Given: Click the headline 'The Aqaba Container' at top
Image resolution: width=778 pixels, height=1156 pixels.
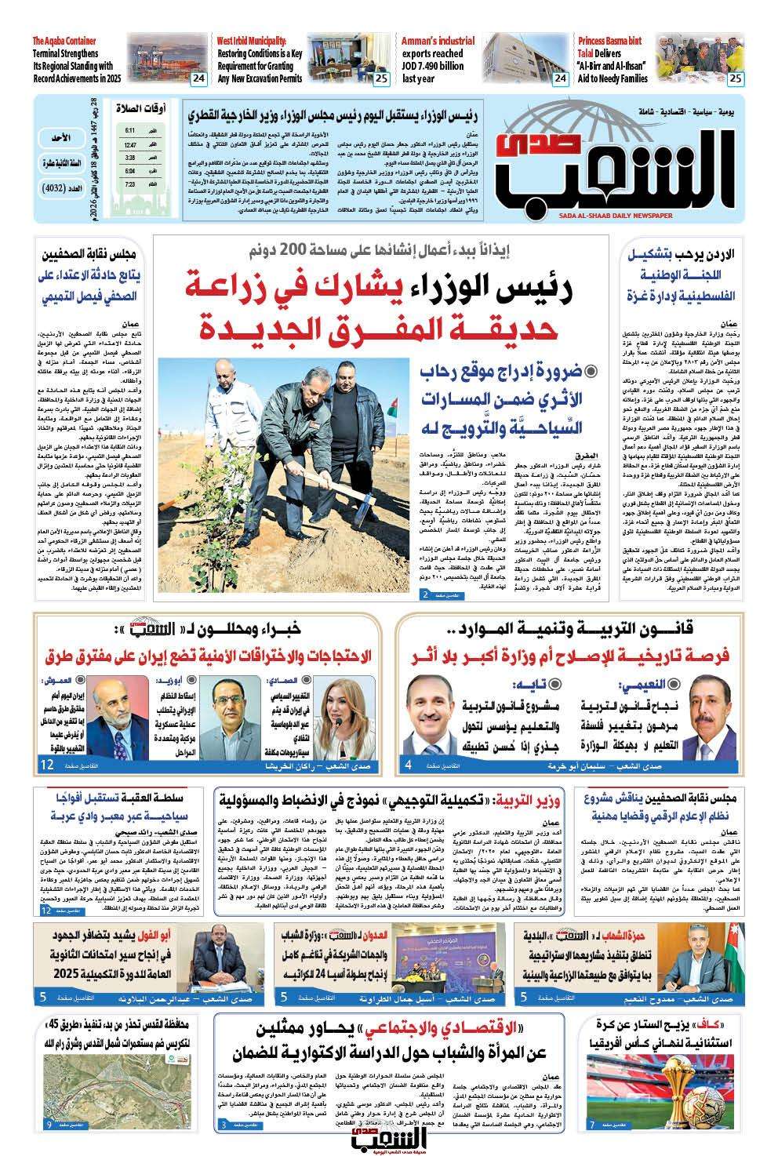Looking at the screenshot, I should click(64, 41).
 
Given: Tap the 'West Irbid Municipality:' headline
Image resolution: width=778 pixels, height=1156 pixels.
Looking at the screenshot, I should click(252, 41).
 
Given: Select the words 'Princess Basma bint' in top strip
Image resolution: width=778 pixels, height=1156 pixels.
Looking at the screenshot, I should click(609, 41).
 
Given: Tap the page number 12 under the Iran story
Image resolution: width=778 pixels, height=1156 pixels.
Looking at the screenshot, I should click(46, 764).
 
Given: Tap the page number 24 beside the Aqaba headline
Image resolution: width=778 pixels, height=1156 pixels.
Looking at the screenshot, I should click(198, 78).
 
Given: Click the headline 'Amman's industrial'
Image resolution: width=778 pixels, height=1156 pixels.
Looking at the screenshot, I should click(438, 41).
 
